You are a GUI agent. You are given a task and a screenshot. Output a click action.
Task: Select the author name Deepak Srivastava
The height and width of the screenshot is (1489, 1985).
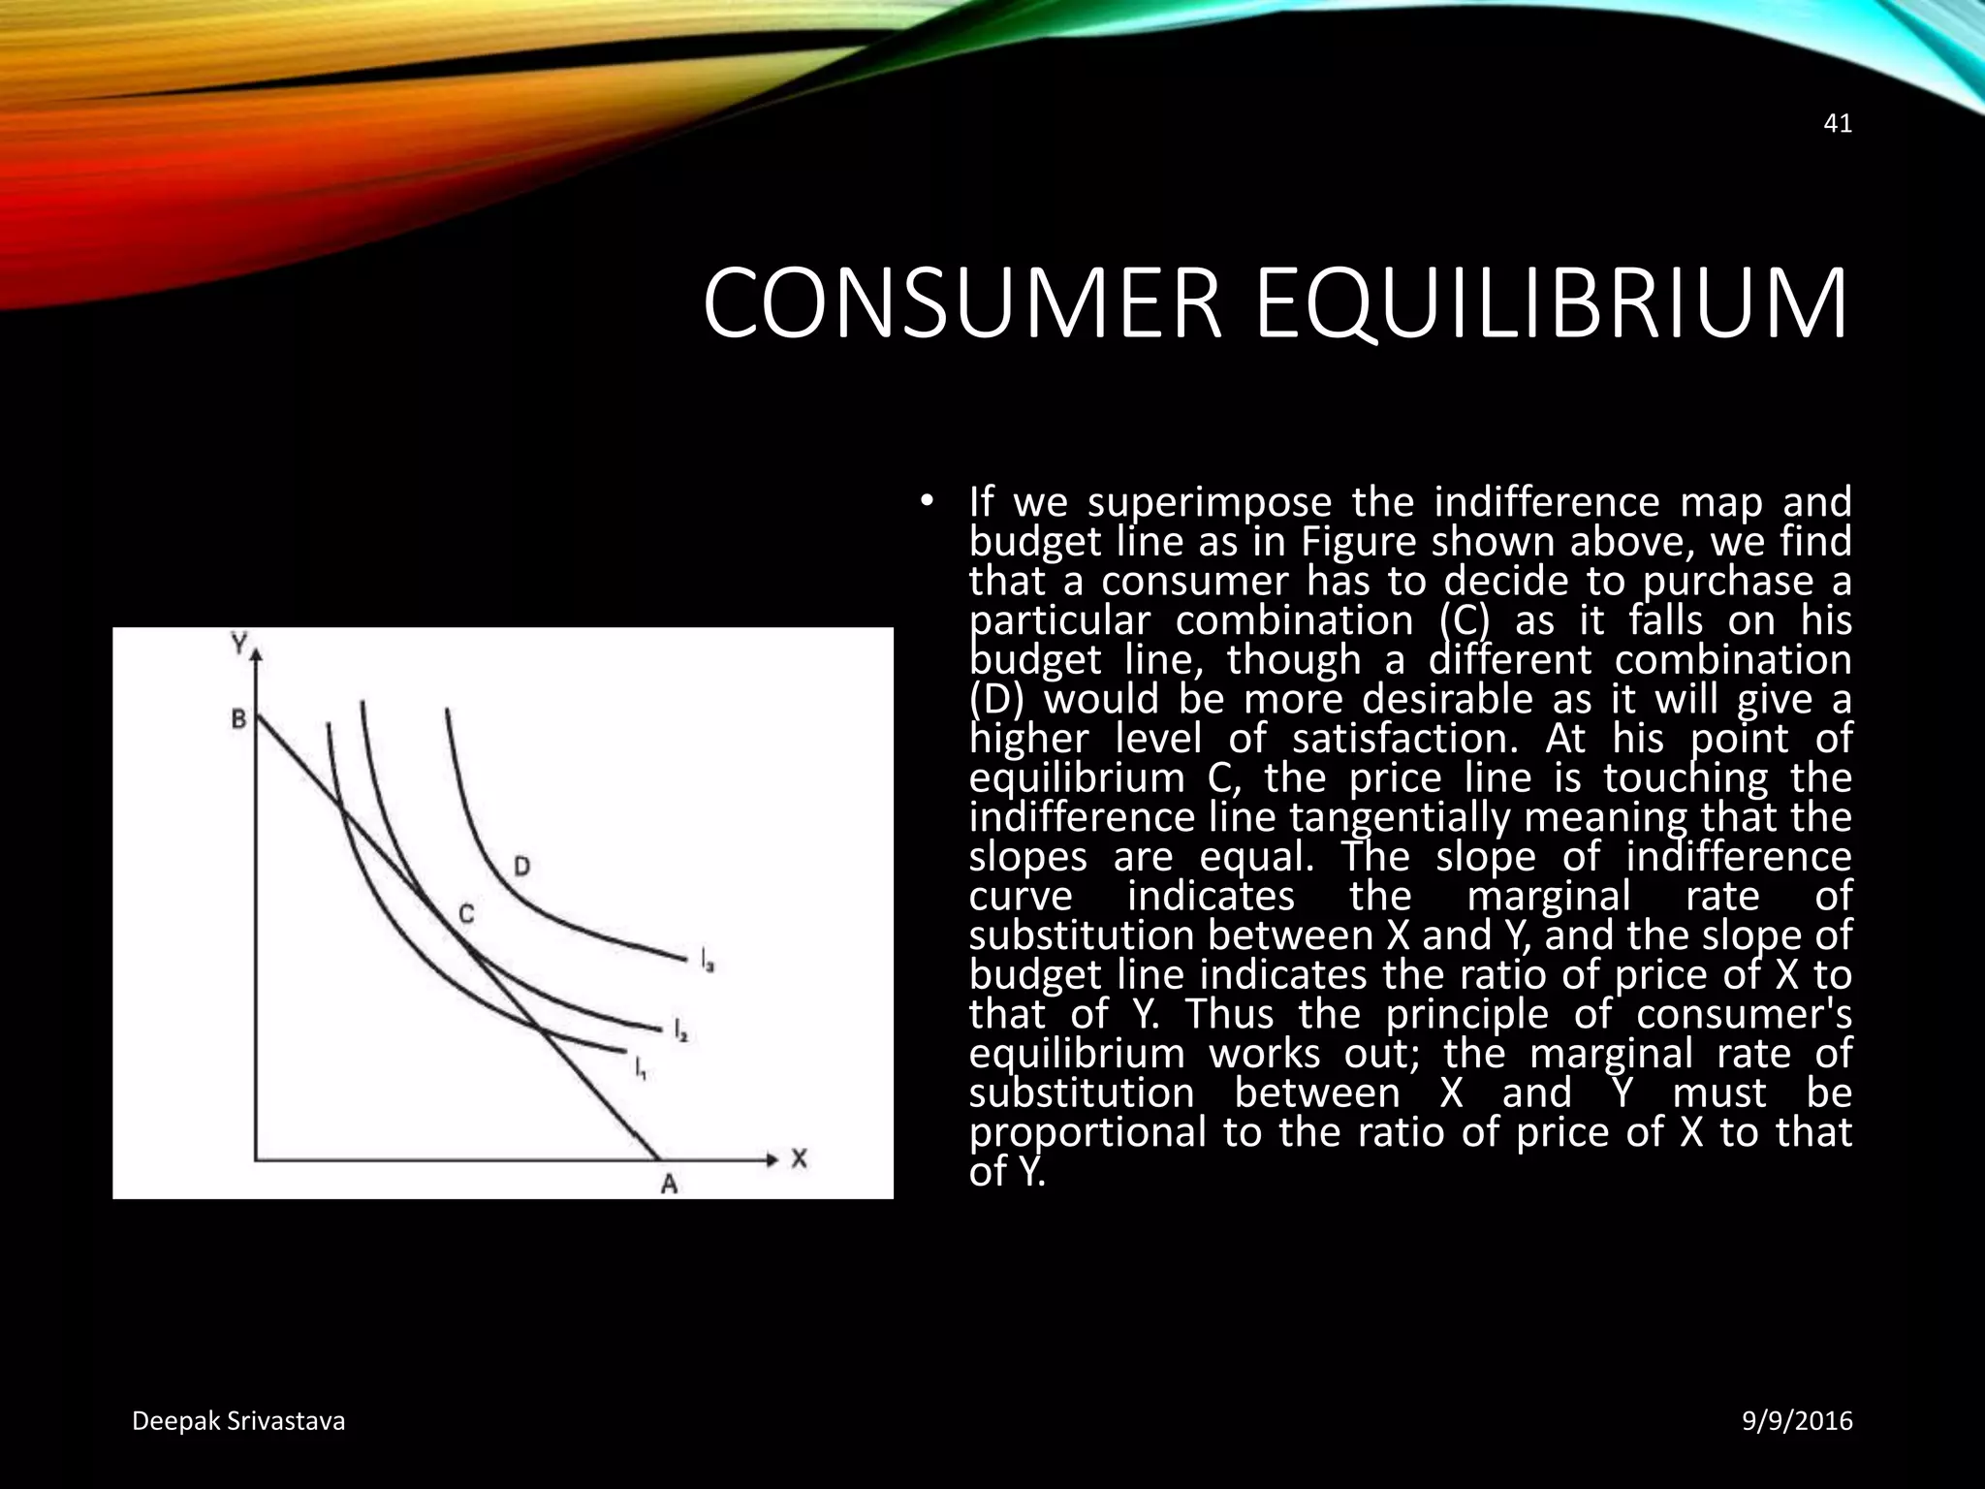point(238,1421)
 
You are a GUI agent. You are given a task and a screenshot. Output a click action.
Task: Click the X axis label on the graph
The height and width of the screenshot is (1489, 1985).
point(799,1158)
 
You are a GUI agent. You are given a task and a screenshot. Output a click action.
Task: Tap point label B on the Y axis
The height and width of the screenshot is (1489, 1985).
point(238,719)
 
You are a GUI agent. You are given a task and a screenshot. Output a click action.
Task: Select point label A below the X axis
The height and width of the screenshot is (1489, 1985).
point(669,1184)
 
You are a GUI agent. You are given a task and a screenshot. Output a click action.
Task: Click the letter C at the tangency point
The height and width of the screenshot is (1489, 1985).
point(466,913)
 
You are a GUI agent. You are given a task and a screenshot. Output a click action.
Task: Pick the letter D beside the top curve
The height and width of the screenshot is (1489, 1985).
point(521,866)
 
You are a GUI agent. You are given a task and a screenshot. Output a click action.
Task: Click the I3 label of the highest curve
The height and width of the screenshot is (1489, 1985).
point(708,961)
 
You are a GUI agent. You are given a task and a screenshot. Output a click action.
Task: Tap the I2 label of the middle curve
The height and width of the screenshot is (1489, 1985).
point(680,1030)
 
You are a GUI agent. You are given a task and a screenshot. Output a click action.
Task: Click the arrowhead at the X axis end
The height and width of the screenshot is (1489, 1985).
point(772,1159)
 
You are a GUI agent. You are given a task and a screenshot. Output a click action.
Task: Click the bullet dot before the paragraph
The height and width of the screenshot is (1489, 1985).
point(927,501)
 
